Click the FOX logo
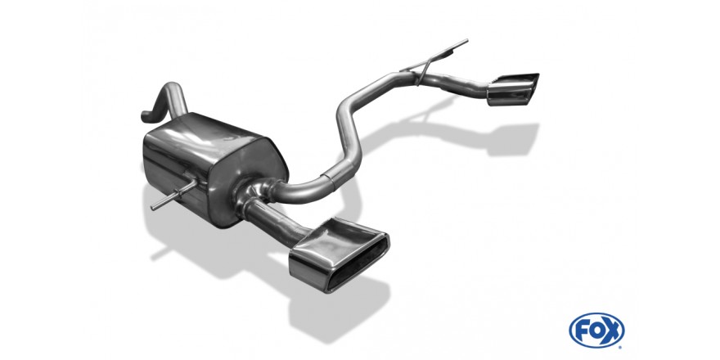coord(596,331)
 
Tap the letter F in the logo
coord(581,331)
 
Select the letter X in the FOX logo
coord(613,331)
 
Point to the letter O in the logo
coord(596,331)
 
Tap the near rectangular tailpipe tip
coord(339,254)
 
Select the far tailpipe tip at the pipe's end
coord(512,88)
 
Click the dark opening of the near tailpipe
coord(361,263)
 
